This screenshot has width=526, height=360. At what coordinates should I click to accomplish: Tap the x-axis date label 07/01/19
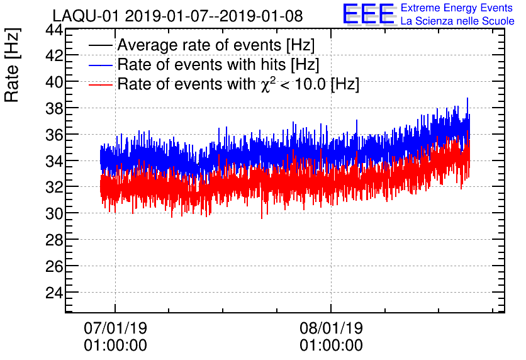pyautogui.click(x=115, y=329)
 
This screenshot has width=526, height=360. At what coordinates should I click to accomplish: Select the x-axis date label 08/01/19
pyautogui.click(x=331, y=329)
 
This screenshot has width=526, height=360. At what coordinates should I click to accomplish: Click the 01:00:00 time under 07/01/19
pyautogui.click(x=115, y=346)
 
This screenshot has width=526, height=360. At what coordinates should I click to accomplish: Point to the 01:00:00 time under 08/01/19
pyautogui.click(x=331, y=346)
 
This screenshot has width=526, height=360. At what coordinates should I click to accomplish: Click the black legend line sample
pyautogui.click(x=101, y=45)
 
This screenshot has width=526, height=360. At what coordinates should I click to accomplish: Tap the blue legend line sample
pyautogui.click(x=101, y=64)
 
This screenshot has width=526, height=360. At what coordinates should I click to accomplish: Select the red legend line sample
pyautogui.click(x=101, y=84)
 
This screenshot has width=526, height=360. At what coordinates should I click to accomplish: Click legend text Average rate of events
pyautogui.click(x=216, y=45)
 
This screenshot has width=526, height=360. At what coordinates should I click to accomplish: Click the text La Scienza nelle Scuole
pyautogui.click(x=457, y=21)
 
